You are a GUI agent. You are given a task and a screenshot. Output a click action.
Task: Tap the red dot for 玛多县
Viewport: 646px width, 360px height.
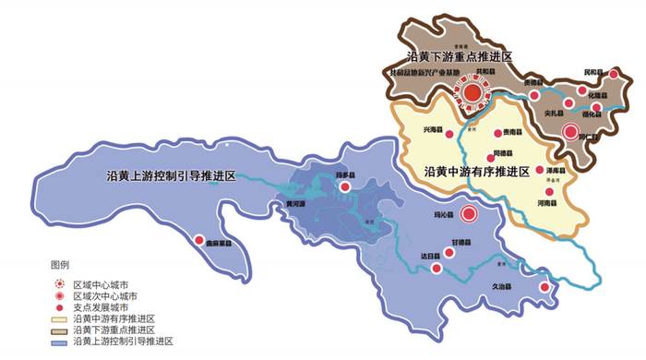click(346, 186)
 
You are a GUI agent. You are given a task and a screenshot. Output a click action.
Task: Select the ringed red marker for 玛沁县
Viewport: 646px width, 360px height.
click(468, 216)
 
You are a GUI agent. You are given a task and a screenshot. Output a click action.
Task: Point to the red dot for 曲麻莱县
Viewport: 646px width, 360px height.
click(199, 240)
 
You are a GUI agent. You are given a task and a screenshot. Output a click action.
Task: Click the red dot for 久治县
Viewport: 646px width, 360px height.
click(545, 287)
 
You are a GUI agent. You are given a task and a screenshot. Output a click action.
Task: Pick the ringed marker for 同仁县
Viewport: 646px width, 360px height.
click(572, 132)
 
